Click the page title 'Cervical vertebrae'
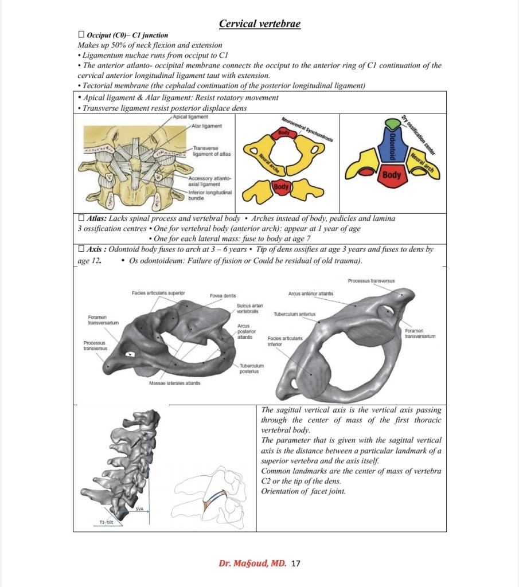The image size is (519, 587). coord(260,24)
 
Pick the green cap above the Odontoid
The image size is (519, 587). coord(393,124)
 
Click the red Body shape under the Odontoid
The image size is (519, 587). coord(392,175)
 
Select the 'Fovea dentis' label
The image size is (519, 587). coord(220,296)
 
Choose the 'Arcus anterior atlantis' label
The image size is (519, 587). coord(310,293)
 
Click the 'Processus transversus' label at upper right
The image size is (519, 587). coord(371,280)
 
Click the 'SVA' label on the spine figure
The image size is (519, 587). coord(139,508)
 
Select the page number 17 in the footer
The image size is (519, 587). coord(296,563)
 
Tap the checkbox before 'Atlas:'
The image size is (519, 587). coord(81,218)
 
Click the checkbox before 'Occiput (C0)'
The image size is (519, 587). coord(81,35)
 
